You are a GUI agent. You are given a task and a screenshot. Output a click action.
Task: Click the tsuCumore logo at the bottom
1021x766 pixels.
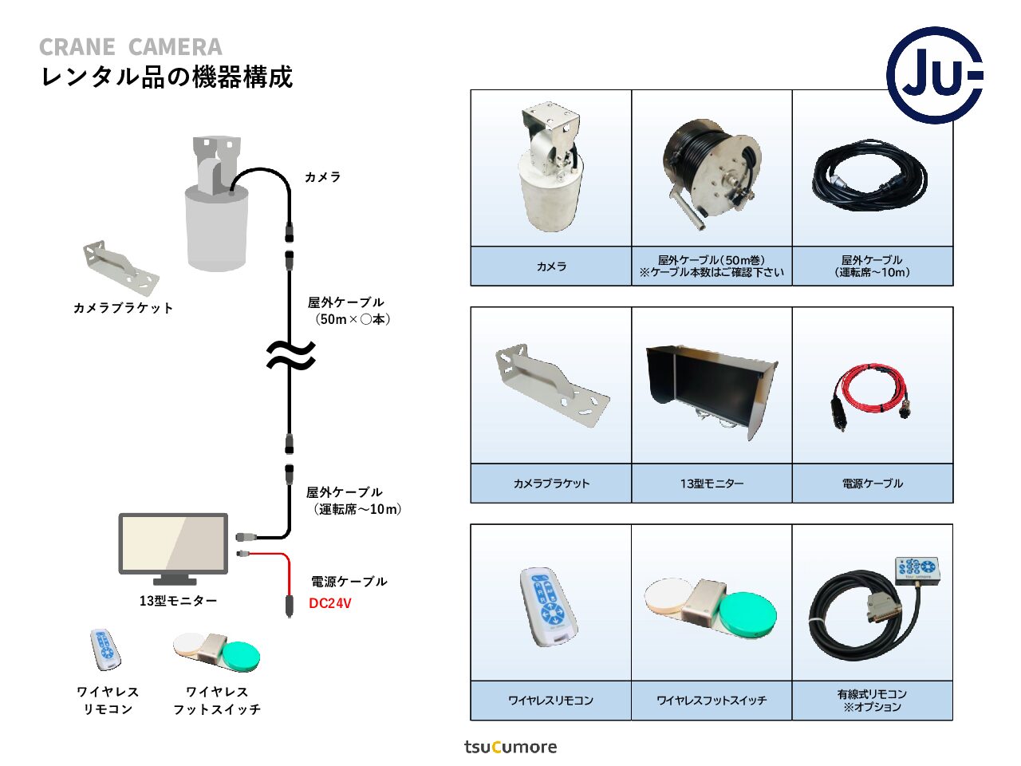(510, 747)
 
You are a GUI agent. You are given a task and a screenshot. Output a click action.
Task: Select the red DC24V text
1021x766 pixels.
(330, 603)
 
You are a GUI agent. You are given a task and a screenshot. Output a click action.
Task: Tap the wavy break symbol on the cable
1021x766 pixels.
(290, 355)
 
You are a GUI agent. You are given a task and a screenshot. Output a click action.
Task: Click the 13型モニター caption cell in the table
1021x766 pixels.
(712, 484)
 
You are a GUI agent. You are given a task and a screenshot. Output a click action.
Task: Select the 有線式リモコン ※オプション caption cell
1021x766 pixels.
(873, 701)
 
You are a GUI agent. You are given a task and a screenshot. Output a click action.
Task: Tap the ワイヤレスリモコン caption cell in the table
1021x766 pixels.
(551, 701)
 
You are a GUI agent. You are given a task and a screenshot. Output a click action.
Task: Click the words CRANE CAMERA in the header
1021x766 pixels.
(131, 47)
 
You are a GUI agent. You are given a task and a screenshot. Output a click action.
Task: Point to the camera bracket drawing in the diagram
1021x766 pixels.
(121, 267)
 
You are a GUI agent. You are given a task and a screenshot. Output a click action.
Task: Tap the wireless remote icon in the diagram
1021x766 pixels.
(104, 650)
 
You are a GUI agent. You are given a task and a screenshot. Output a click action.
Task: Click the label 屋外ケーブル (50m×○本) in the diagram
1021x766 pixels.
(349, 310)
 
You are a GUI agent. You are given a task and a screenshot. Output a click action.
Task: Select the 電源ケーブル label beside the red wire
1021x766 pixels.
(349, 582)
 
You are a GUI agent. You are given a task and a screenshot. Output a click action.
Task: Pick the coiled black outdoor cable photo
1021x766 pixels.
(871, 177)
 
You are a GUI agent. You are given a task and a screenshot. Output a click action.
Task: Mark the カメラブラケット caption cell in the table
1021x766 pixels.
(551, 484)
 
